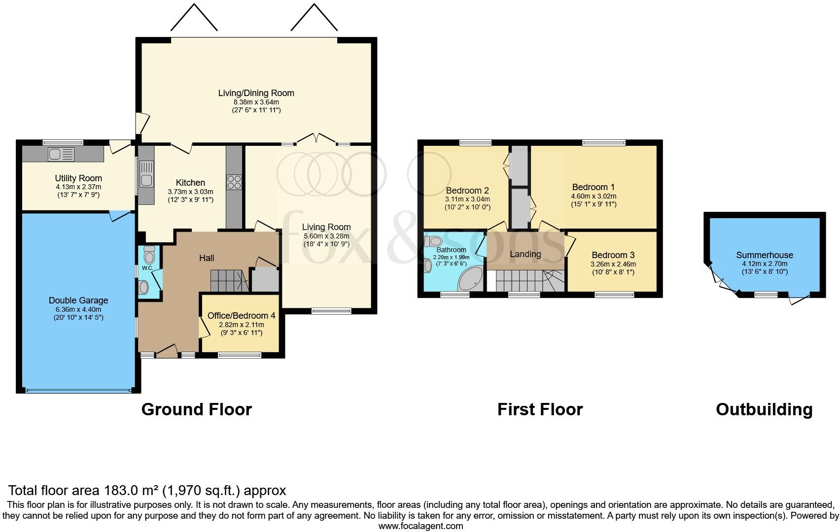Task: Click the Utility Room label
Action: tap(78, 178)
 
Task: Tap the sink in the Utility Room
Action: tap(61, 154)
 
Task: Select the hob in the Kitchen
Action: tap(234, 182)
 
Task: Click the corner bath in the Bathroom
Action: tap(471, 279)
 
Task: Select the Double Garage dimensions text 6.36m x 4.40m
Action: tap(78, 309)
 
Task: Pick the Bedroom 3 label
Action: tap(613, 255)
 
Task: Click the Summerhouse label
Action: tap(764, 255)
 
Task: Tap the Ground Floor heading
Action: tap(196, 409)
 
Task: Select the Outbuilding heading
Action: tap(764, 409)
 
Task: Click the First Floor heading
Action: tap(540, 409)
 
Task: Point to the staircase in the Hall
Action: tap(228, 280)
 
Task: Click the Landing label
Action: tap(525, 254)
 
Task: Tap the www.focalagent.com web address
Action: tap(420, 526)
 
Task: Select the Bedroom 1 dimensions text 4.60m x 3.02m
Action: tap(594, 196)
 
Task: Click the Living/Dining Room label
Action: tap(256, 93)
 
